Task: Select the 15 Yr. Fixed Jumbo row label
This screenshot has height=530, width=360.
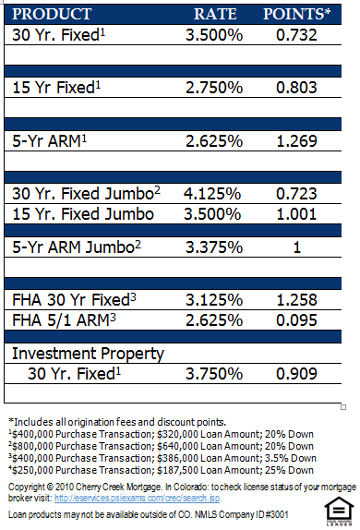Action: click(83, 213)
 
